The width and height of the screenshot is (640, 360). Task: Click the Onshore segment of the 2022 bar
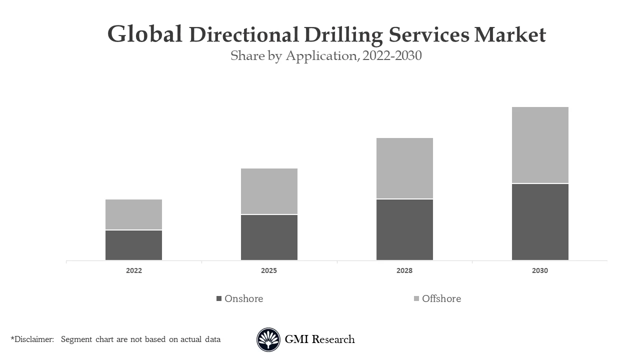[133, 245]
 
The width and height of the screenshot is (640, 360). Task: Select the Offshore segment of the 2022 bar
[133, 214]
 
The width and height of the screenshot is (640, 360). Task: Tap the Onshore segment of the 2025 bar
[269, 237]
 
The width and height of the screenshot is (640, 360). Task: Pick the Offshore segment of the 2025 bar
[269, 191]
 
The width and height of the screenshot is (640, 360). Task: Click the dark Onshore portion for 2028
[404, 229]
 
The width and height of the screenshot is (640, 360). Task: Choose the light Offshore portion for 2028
[404, 168]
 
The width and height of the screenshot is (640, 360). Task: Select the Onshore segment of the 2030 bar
[540, 222]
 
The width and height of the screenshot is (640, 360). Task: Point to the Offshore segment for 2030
[540, 145]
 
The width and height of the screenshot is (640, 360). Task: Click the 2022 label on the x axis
[133, 270]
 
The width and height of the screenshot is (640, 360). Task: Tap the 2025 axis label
[269, 270]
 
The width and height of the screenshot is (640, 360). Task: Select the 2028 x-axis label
[404, 270]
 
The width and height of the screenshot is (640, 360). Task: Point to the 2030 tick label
[540, 270]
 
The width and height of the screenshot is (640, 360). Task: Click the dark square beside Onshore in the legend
[218, 298]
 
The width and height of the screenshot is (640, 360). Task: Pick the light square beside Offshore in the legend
[416, 298]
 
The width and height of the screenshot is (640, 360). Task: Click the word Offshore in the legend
[441, 298]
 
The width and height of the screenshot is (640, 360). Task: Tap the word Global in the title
[145, 34]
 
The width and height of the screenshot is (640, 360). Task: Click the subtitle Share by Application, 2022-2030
[326, 56]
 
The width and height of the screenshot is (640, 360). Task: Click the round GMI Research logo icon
[268, 339]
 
